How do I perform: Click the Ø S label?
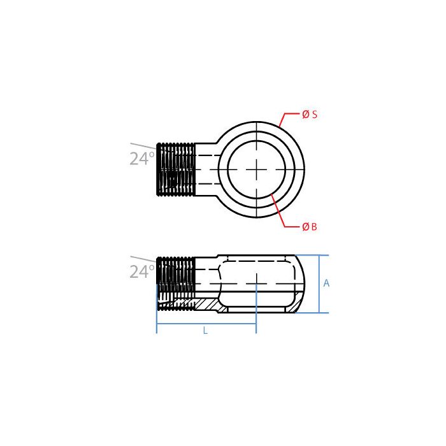tap(309, 115)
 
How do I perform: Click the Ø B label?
tap(309, 227)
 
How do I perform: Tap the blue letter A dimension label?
tap(326, 284)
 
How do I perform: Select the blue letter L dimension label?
tap(205, 331)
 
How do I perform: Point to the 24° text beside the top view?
tap(142, 159)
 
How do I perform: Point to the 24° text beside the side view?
tap(142, 273)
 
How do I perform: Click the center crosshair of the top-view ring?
tap(256, 169)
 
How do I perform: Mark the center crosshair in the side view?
tap(256, 280)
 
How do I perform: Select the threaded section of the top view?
tap(176, 169)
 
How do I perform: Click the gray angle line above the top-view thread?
tap(143, 146)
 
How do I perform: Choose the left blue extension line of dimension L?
tap(157, 322)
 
